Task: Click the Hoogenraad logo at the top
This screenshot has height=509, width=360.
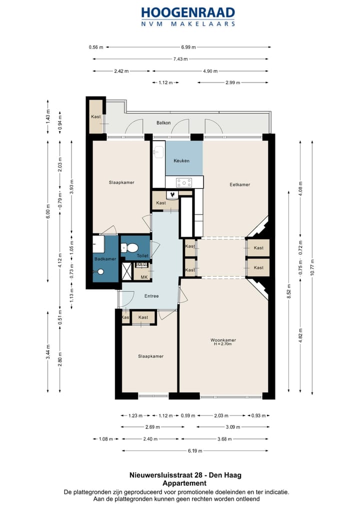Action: point(187,16)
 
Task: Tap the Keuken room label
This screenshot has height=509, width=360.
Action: point(181,161)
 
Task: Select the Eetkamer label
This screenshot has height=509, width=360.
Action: point(239,184)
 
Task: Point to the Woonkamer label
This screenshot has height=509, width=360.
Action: point(223,340)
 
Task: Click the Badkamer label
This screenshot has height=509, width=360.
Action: point(105,259)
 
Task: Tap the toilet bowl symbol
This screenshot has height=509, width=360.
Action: point(132,247)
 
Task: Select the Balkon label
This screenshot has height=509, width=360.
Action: point(163,122)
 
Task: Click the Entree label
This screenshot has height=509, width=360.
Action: point(151,296)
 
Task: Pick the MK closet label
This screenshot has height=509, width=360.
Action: point(143,277)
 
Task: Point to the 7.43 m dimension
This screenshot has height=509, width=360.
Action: point(180,59)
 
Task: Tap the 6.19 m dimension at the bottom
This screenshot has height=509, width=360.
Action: point(195,451)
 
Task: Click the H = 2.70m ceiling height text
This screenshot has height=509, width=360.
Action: point(223,344)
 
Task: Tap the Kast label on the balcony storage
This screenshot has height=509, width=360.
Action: point(96,117)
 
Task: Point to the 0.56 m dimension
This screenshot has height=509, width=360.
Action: point(96,47)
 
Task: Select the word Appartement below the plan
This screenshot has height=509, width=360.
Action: point(184,483)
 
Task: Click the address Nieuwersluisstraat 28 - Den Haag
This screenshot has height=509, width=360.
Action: point(184,475)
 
